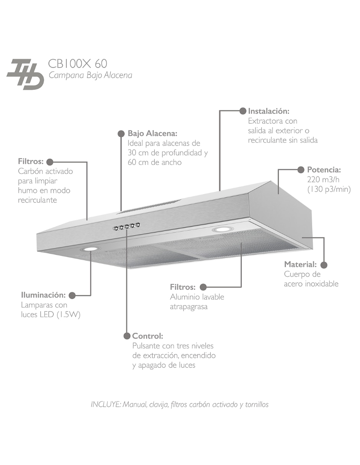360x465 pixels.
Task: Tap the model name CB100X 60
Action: click(x=78, y=64)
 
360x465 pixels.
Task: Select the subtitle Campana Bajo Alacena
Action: click(x=90, y=75)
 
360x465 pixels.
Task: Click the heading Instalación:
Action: click(x=268, y=111)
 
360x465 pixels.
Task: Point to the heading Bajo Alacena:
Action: click(x=152, y=134)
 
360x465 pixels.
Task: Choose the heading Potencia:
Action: click(x=324, y=170)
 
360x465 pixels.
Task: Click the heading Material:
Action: click(x=300, y=264)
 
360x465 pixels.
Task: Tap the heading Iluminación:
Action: click(x=43, y=295)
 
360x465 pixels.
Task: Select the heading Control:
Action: click(x=148, y=336)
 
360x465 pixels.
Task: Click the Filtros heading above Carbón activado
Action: click(x=31, y=162)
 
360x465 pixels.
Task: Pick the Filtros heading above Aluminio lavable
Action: click(x=183, y=287)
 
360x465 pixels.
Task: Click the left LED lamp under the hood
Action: click(x=90, y=249)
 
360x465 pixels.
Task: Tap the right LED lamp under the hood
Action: click(x=221, y=230)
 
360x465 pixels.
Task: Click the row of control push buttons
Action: click(x=126, y=227)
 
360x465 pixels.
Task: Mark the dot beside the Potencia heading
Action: click(x=301, y=170)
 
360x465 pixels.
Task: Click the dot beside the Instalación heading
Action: click(x=243, y=111)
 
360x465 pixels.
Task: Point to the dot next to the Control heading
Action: click(x=127, y=336)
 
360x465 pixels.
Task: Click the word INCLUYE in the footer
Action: click(x=106, y=405)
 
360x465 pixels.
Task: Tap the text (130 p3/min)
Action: click(x=329, y=189)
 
